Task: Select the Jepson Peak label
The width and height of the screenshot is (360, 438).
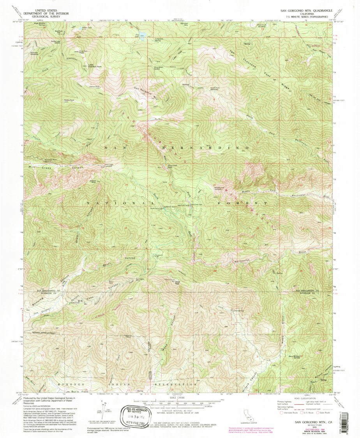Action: [95, 86]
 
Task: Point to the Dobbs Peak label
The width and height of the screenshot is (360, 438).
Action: [69, 100]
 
